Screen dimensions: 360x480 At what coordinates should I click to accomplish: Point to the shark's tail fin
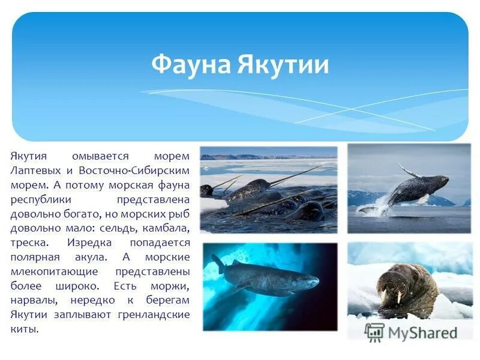click(x=217, y=263)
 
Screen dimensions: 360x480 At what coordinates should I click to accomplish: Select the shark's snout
click(x=313, y=280)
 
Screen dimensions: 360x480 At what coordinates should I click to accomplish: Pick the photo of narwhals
click(x=268, y=189)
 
